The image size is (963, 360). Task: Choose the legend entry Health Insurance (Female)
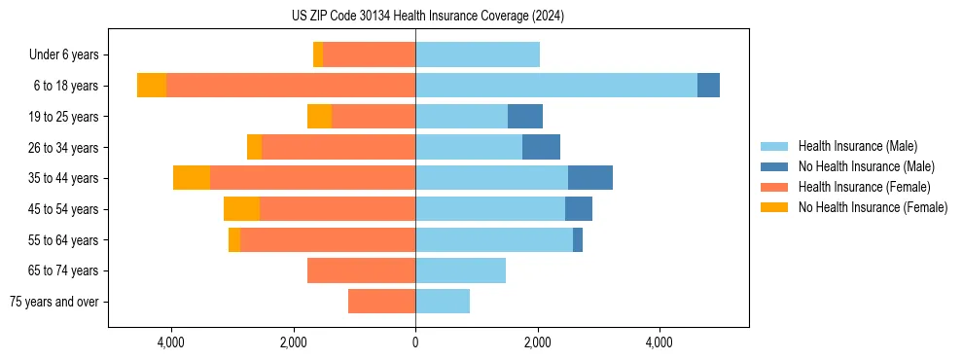[x=864, y=187]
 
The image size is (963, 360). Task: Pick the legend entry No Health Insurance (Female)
[x=873, y=207]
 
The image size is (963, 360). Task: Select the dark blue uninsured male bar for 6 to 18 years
[x=708, y=86]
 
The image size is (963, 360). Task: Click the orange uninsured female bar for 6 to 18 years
[x=152, y=86]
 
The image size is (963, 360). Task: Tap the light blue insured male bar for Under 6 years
[x=478, y=54]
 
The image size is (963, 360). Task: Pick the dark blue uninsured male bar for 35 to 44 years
[x=590, y=178]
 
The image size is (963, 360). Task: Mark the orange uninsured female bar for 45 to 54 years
[x=241, y=209]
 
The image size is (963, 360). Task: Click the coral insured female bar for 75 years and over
[x=381, y=302]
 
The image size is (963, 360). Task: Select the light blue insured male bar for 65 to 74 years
[x=460, y=270]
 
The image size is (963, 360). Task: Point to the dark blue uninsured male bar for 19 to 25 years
[x=525, y=117]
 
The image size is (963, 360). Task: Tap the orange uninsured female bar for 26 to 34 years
[x=254, y=147]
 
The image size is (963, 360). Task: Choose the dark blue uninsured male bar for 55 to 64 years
[x=578, y=239]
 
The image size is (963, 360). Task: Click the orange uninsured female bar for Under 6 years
[x=318, y=54]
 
